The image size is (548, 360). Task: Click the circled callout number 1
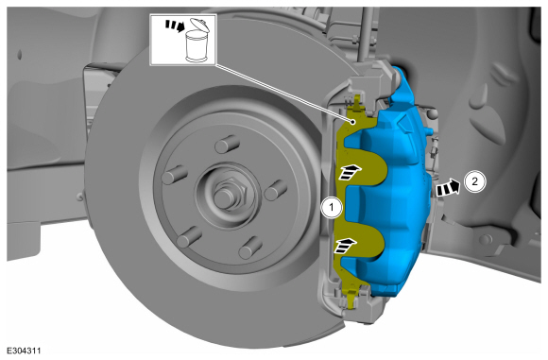point(332,208)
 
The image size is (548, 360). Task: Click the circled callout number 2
point(475,181)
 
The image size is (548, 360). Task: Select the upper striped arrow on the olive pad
point(350,171)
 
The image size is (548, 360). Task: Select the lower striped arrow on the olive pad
point(345,246)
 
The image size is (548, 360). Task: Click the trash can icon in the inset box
point(197,42)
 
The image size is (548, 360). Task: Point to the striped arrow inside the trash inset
point(175,26)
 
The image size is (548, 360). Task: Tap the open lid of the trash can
point(199,25)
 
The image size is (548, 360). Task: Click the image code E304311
point(24,351)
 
